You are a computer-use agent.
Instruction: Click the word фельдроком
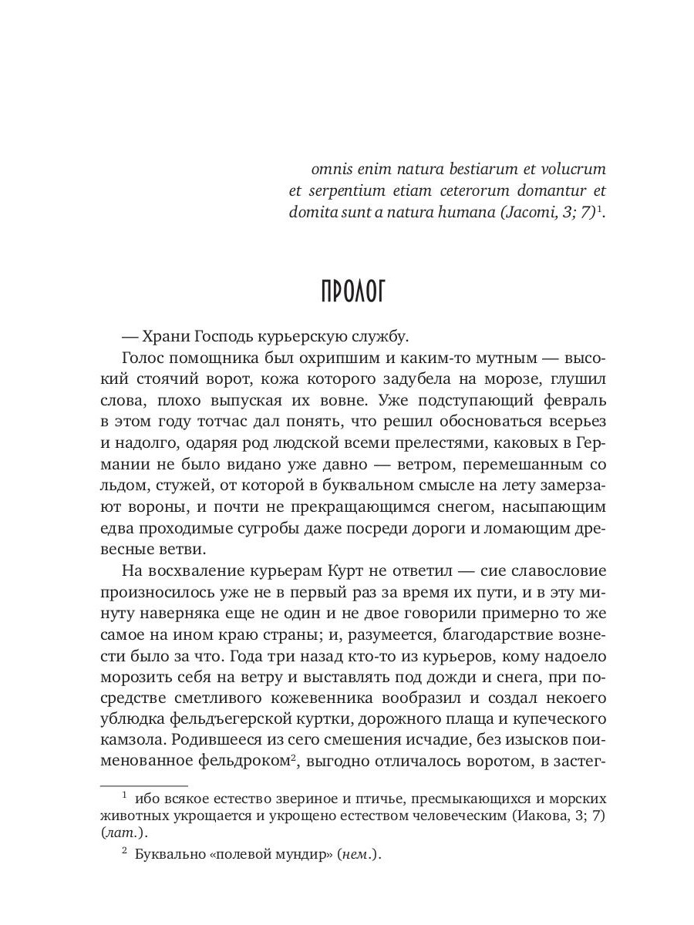point(239,763)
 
